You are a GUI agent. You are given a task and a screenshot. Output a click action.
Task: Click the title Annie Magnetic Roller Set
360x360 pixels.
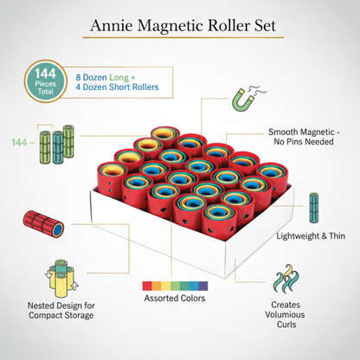coord(180,26)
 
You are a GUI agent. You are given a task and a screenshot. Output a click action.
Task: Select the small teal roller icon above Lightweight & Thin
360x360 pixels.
coord(313,207)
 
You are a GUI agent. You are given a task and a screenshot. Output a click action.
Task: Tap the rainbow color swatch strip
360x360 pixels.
coord(174,285)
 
